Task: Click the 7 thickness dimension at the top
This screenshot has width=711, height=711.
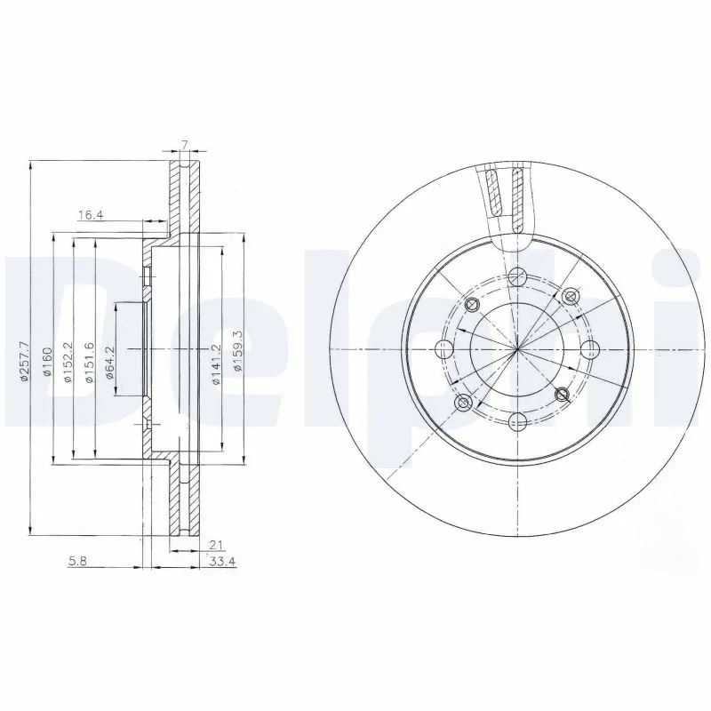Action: pyautogui.click(x=183, y=144)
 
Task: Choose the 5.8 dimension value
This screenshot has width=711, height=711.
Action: pyautogui.click(x=76, y=561)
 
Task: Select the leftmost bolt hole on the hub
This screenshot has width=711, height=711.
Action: pyautogui.click(x=441, y=348)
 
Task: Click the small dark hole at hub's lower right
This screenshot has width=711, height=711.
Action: pyautogui.click(x=561, y=393)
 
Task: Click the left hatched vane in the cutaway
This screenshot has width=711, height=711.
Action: pyautogui.click(x=494, y=193)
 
